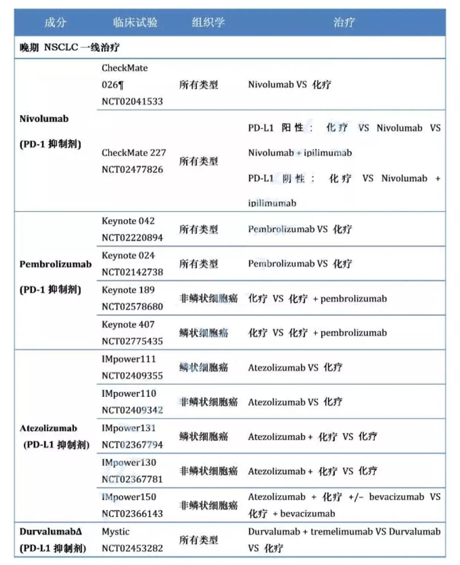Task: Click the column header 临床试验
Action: click(135, 22)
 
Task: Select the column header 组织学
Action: click(208, 22)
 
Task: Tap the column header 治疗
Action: click(344, 22)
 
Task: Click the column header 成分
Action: click(55, 22)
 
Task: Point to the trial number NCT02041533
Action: click(132, 101)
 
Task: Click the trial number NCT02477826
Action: click(132, 169)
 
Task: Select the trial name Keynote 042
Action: click(128, 221)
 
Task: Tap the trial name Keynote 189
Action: click(128, 290)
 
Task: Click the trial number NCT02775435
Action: click(132, 341)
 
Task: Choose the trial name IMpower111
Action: click(129, 359)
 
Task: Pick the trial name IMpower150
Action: click(129, 497)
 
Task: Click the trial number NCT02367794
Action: click(132, 445)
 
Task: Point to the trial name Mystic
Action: click(116, 532)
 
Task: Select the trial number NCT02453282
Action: click(132, 548)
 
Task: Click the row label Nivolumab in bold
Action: click(44, 119)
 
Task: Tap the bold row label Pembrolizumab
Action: click(56, 264)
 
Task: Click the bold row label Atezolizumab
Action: click(49, 428)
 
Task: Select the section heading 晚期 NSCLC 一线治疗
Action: click(70, 47)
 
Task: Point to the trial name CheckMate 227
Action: click(134, 153)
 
